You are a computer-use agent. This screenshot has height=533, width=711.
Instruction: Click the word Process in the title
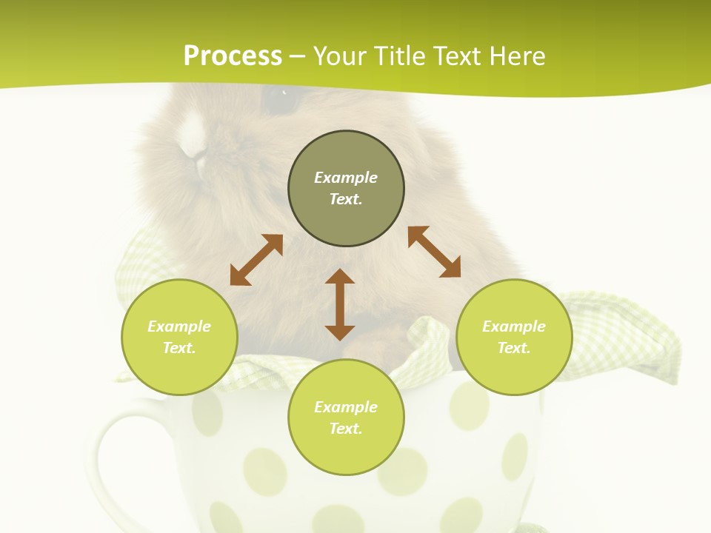pyautogui.click(x=233, y=56)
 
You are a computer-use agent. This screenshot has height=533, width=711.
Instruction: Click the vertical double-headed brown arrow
pyautogui.click(x=340, y=305)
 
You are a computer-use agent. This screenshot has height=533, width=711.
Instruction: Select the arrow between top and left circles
pyautogui.click(x=256, y=260)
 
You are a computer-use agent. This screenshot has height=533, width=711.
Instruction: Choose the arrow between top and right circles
pyautogui.click(x=434, y=252)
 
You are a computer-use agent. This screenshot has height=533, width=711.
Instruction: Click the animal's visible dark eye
pyautogui.click(x=280, y=101)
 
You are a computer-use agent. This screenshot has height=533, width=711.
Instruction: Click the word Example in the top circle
pyautogui.click(x=346, y=178)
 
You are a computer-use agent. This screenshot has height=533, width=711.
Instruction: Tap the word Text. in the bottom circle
pyautogui.click(x=346, y=429)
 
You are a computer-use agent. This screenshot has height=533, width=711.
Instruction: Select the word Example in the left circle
pyautogui.click(x=179, y=326)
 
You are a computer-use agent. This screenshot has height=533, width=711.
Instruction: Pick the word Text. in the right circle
pyautogui.click(x=514, y=348)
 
